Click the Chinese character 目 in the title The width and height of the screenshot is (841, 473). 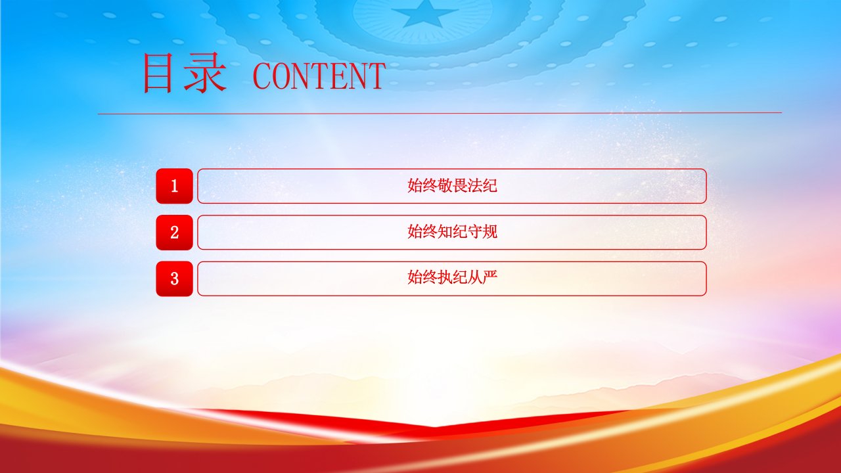tap(158, 73)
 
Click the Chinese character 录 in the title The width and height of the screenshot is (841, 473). tap(206, 73)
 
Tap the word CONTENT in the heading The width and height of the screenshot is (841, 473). tap(319, 76)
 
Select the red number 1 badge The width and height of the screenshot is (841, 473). tap(174, 186)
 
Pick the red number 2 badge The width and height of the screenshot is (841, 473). tap(174, 233)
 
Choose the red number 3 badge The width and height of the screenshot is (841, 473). tap(174, 279)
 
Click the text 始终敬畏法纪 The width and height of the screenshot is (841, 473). tap(453, 185)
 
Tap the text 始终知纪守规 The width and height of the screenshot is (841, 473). tap(453, 232)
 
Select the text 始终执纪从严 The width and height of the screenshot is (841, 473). tap(453, 277)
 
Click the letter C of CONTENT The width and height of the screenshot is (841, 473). tap(262, 76)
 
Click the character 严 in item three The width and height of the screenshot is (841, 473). tap(490, 277)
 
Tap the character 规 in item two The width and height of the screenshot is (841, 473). tap(490, 232)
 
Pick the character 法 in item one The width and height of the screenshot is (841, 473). tap(475, 185)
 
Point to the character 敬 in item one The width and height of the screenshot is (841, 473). tap(445, 185)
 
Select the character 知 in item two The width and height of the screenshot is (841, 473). tap(445, 232)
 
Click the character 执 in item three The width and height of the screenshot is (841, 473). tap(445, 277)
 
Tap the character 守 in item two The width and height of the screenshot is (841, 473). tap(475, 232)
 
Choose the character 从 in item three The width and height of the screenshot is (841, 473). tap(475, 277)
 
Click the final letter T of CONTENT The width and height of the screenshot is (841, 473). tap(376, 76)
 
